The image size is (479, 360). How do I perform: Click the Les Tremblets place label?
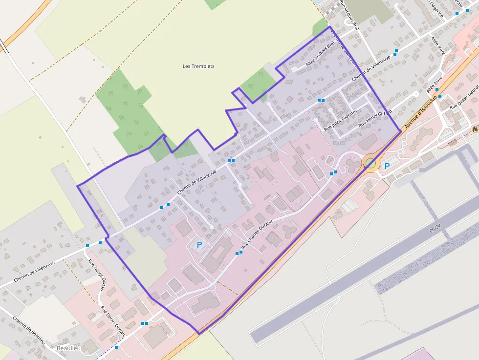(x=198, y=66)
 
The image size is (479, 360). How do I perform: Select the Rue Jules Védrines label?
(x=341, y=120)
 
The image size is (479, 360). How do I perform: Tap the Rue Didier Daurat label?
(x=465, y=99)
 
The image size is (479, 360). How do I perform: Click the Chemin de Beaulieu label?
(x=29, y=331)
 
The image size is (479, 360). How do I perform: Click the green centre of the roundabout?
(x=371, y=163)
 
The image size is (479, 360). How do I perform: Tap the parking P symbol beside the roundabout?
(x=387, y=166)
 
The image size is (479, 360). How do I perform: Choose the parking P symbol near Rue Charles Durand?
(x=199, y=245)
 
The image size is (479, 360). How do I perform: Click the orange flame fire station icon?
(x=475, y=129)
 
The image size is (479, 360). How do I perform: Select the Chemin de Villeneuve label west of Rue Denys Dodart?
(x=34, y=270)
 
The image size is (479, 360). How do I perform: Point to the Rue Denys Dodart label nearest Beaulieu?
(x=113, y=321)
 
